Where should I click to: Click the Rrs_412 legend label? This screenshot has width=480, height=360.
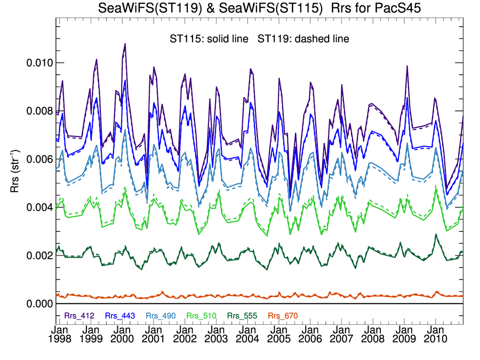79,315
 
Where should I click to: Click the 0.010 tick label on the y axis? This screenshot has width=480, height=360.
39,63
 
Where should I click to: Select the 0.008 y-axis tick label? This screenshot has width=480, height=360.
39,111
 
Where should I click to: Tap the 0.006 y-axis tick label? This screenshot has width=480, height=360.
39,159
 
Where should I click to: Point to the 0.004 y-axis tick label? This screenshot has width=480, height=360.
39,207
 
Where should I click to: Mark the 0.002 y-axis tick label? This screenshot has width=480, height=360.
39,255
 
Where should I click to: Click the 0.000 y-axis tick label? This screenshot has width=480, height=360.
39,304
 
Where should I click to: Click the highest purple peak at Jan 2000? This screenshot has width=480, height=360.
125,44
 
